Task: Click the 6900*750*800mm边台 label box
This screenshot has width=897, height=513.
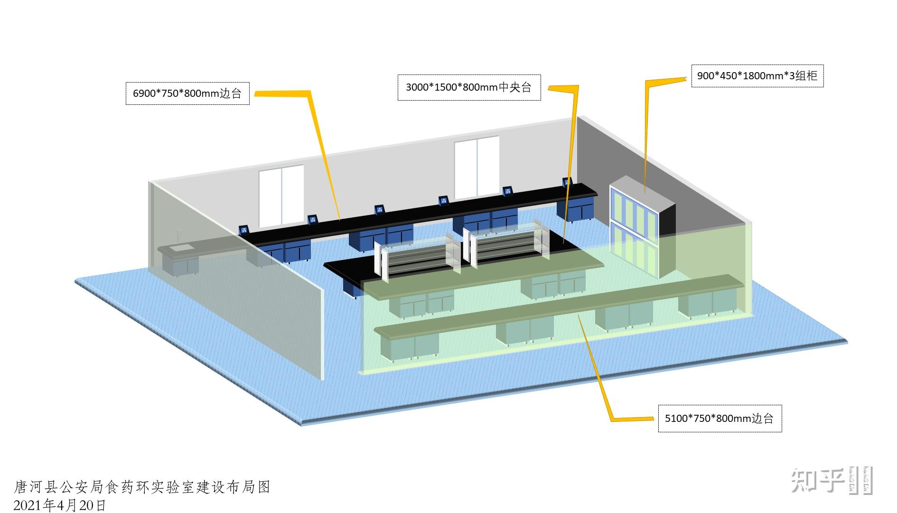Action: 187,93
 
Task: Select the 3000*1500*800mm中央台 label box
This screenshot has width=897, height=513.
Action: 469,87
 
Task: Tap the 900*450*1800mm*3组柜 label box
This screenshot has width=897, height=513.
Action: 757,76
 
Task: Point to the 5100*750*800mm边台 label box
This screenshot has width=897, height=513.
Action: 719,418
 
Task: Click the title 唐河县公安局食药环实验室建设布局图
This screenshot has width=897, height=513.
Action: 142,487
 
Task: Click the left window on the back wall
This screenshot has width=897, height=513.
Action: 281,196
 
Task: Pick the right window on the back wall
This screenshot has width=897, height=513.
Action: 477,167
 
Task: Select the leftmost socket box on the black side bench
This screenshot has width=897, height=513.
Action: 244,230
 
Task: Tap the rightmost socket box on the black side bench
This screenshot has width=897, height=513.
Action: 568,182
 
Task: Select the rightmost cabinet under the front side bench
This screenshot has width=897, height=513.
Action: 707,302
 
